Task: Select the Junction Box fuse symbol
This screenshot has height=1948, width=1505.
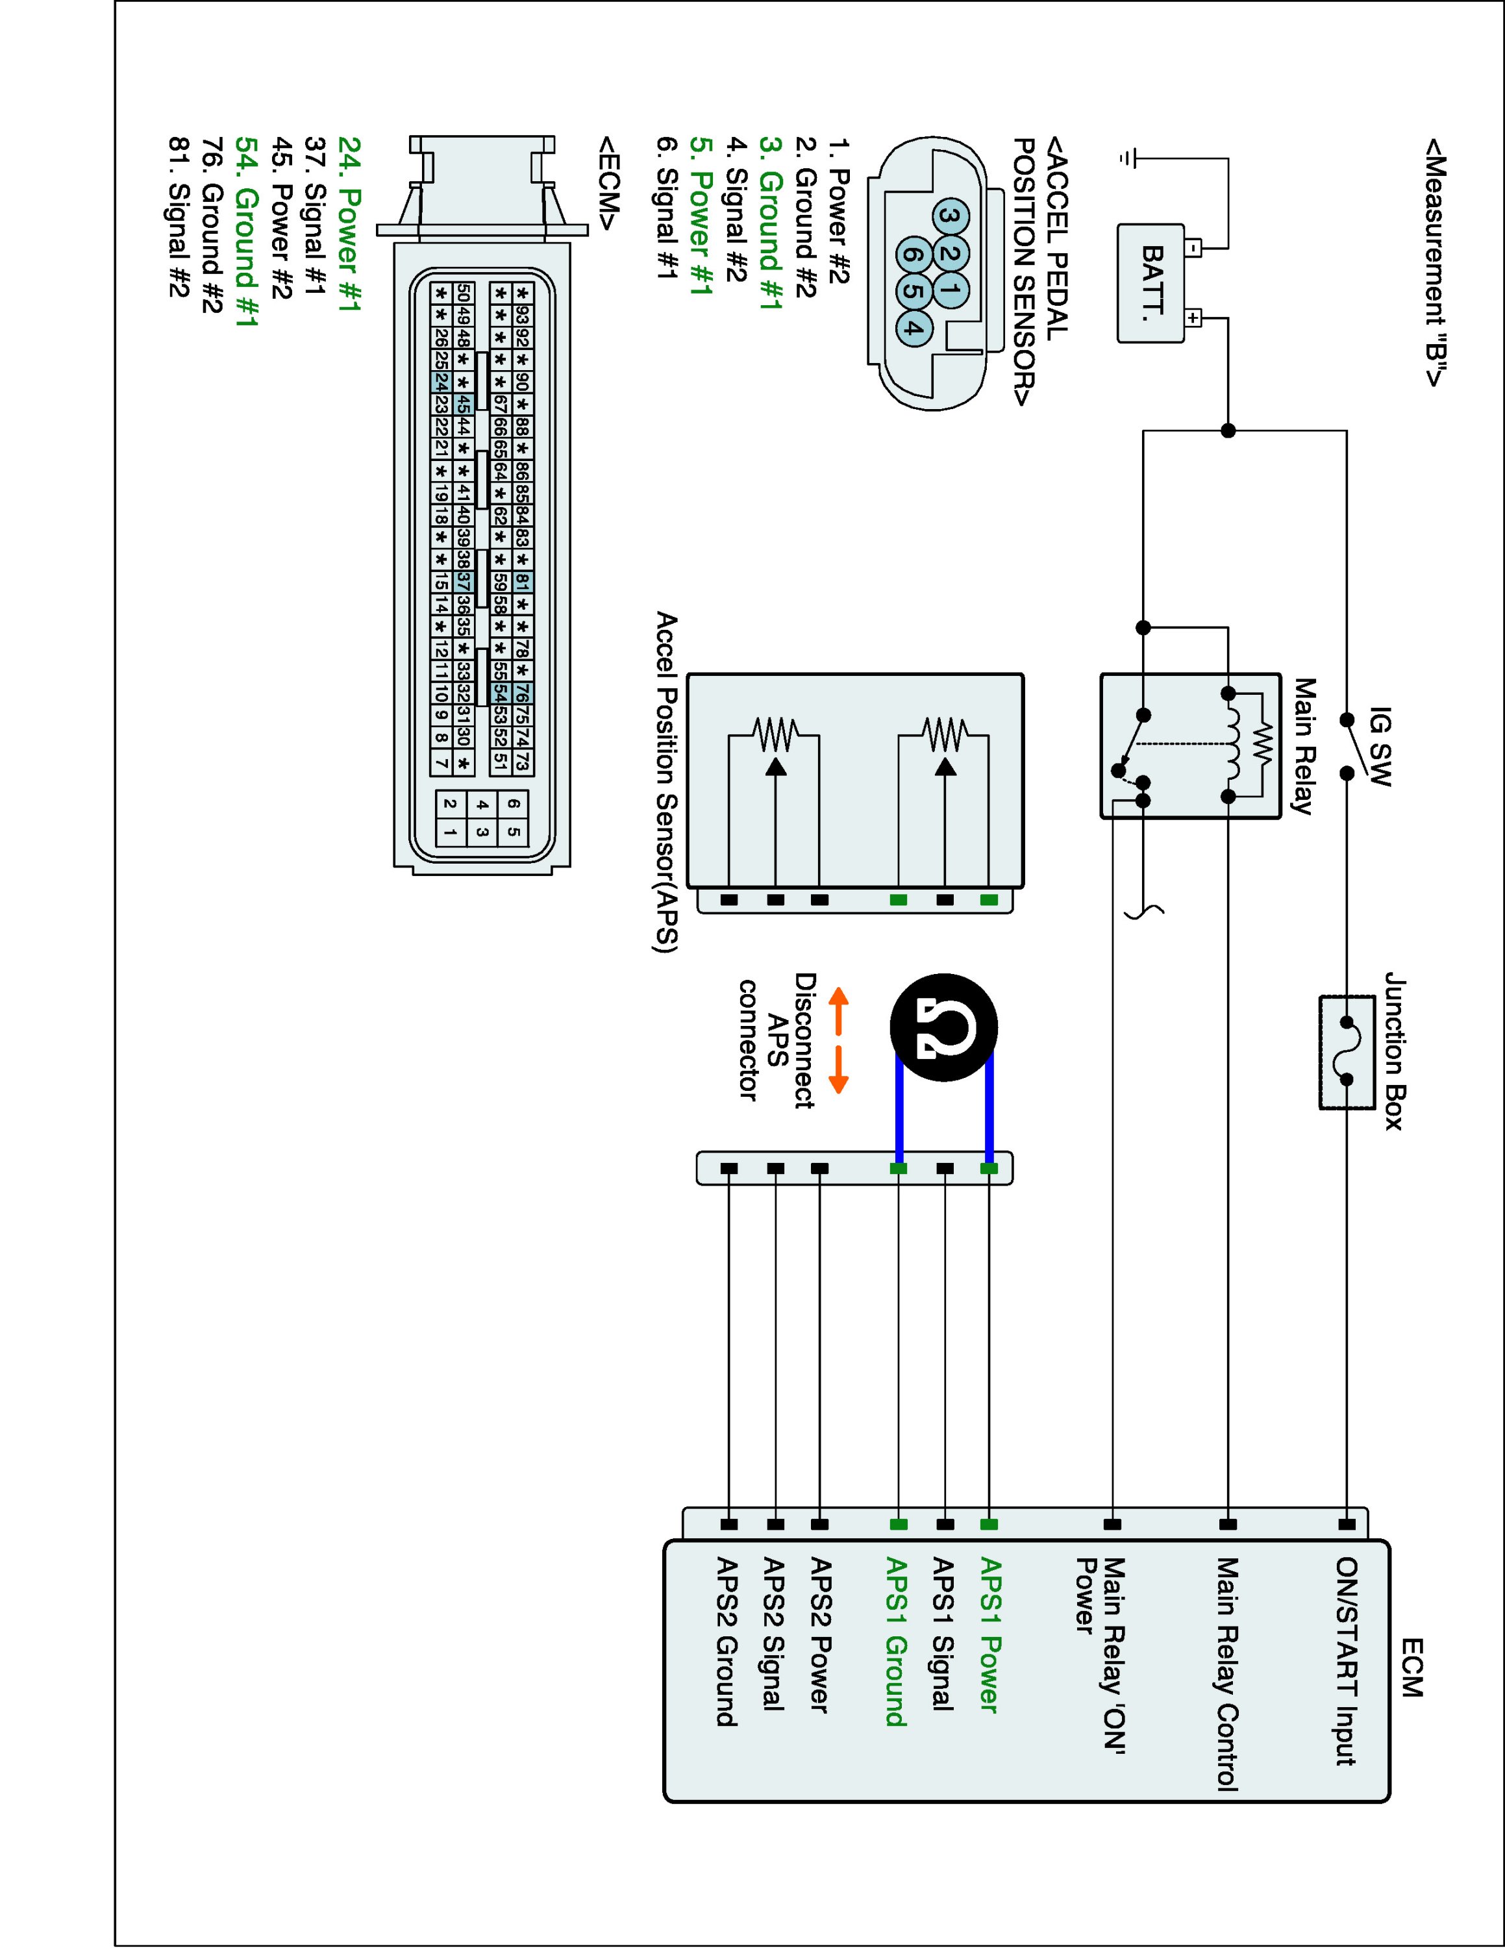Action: (x=1347, y=1052)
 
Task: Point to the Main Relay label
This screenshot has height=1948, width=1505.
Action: (x=1304, y=747)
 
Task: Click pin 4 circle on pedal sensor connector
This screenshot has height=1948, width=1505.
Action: (x=913, y=327)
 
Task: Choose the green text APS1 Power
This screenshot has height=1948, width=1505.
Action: (x=989, y=1635)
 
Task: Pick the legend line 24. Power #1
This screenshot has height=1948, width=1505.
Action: (x=349, y=225)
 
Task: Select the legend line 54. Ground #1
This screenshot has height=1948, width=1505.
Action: (x=246, y=231)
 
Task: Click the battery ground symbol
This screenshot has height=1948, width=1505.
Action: (x=1128, y=159)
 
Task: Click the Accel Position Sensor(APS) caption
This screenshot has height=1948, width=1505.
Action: (x=666, y=782)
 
